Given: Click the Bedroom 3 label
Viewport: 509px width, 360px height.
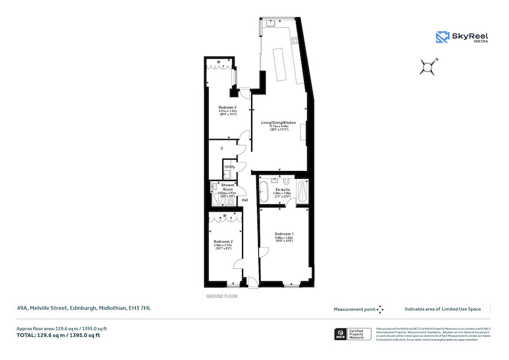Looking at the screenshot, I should coord(227,107).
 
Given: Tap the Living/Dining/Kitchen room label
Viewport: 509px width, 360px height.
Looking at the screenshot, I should coord(278,122).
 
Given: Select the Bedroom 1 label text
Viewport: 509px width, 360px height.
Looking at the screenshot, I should coord(284,234).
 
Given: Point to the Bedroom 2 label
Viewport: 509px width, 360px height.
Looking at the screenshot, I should coord(223,241).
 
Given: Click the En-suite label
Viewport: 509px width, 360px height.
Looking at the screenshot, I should coord(282,190).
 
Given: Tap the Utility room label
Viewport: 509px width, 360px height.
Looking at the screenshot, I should coord(230,167).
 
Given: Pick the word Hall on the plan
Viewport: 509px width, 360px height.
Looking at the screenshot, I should coord(245,200).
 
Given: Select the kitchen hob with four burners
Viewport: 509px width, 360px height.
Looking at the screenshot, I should coord(295,41).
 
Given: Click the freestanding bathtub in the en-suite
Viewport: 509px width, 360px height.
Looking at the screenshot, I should coord(267,192).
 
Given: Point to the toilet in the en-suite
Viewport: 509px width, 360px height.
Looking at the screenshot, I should coord(287,181).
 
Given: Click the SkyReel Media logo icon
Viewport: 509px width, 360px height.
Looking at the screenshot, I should coord(442,37).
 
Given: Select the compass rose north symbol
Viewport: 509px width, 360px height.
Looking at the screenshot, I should coord(429,67).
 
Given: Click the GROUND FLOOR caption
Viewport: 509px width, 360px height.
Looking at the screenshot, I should coord(222,296).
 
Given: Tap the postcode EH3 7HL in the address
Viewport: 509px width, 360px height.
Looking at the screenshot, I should coord(141,308).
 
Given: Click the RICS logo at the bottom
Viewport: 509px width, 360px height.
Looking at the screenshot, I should coord(341,333).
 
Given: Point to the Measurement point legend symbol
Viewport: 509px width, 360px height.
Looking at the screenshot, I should coord(380,309).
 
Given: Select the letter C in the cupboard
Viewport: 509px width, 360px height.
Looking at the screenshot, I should coord(222,148).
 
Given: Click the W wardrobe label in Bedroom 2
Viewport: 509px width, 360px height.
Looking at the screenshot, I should coord(225,216).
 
